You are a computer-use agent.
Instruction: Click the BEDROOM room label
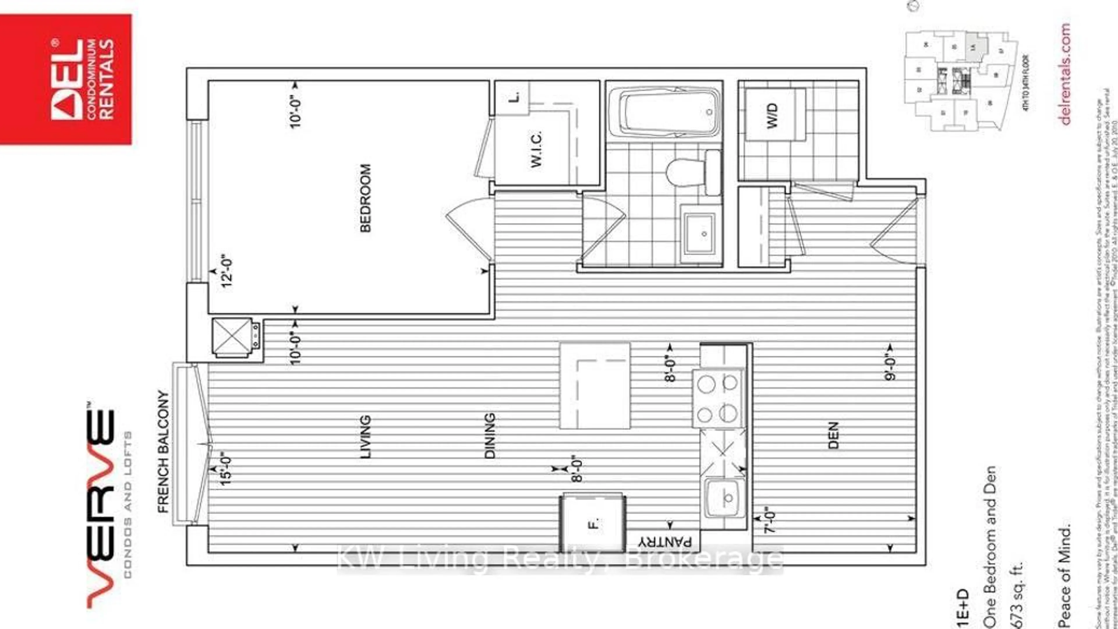pyautogui.click(x=366, y=198)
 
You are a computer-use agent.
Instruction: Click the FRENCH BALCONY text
pyautogui.click(x=163, y=451)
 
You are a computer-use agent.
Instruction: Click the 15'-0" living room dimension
pyautogui.click(x=226, y=470)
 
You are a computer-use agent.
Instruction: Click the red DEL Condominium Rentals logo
pyautogui.click(x=66, y=79)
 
